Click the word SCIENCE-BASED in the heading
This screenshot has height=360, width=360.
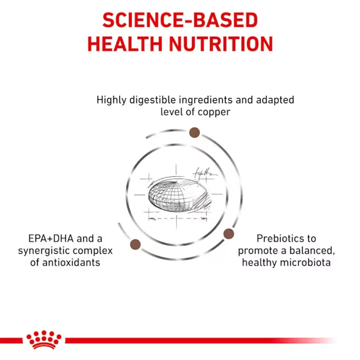(180, 21)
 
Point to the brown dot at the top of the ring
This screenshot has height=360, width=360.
(194, 132)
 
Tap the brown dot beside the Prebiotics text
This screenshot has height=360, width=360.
(229, 234)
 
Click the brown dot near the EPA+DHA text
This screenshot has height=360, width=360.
(135, 244)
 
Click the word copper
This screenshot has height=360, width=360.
(214, 112)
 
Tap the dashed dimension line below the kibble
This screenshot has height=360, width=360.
(178, 218)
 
